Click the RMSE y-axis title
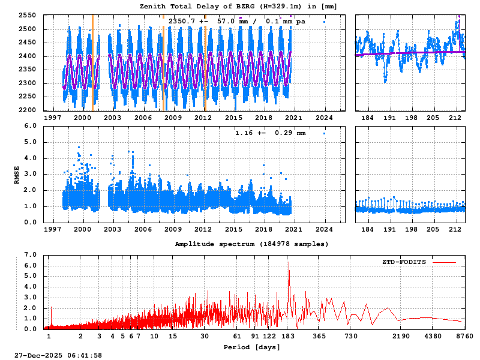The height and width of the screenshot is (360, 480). (17, 174)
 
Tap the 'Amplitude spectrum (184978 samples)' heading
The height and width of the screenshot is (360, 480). (251, 244)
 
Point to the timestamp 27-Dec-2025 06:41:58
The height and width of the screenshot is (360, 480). (58, 355)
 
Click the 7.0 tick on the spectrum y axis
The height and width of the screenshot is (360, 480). (30, 254)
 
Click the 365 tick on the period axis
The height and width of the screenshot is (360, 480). (320, 337)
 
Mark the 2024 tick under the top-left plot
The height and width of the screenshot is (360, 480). (325, 118)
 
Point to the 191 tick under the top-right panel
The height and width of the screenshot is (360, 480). (389, 118)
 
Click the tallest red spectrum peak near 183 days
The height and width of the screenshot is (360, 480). (288, 262)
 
